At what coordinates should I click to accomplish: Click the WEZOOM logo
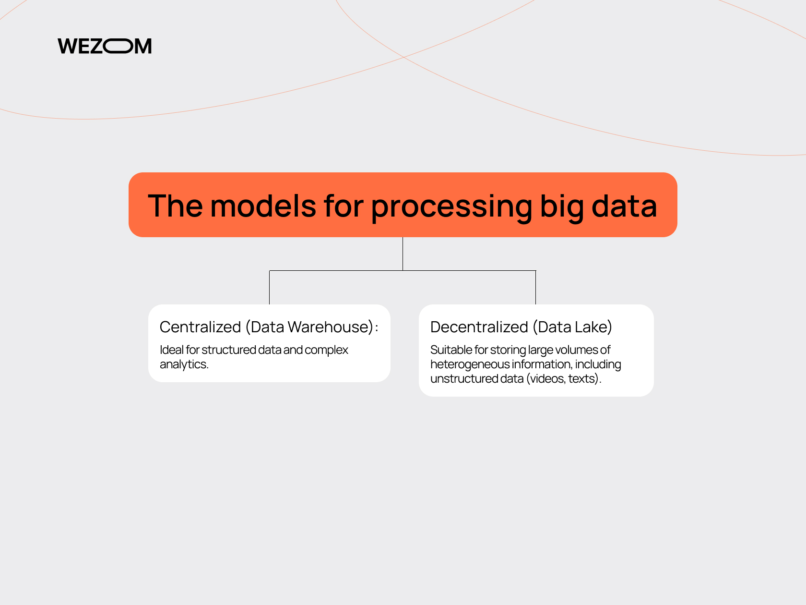[x=105, y=46]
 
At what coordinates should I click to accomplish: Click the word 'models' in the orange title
[x=263, y=206]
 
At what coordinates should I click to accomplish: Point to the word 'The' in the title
[x=175, y=206]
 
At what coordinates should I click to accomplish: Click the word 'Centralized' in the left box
[x=200, y=327]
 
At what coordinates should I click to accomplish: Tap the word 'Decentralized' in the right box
[x=479, y=327]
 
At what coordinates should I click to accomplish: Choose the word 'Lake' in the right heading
[x=591, y=327]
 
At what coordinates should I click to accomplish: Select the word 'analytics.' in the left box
[x=184, y=364]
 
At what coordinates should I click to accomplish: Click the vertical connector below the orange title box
[x=403, y=254]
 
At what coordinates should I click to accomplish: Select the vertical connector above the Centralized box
[x=270, y=288]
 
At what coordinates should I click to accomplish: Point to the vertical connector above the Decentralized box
[x=536, y=288]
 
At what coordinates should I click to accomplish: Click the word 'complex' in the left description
[x=326, y=350]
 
